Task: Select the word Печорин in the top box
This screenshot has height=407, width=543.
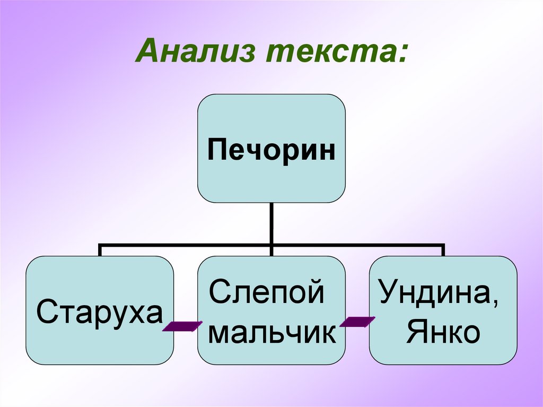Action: tap(271, 150)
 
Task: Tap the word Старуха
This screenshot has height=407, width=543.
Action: tap(99, 313)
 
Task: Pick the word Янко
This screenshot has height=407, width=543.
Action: tap(443, 333)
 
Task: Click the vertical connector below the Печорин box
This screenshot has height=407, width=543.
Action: tap(271, 224)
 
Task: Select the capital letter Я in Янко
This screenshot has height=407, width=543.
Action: tap(415, 333)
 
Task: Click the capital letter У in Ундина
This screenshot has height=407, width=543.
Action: tap(386, 293)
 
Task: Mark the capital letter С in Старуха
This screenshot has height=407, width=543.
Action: tap(46, 313)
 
